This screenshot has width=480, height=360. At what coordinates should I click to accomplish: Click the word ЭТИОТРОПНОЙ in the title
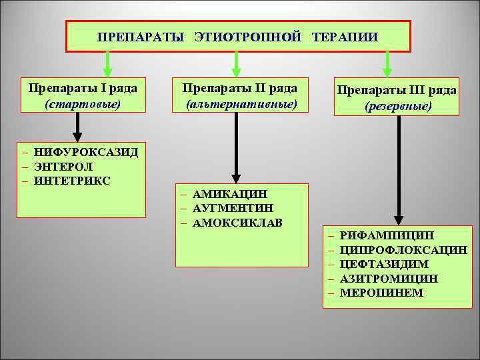coord(248,37)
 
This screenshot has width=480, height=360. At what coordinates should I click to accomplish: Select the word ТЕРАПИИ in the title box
coord(344,37)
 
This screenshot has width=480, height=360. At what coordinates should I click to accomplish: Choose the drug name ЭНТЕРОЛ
coord(64,167)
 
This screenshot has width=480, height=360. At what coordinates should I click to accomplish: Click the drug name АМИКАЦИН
coord(229,194)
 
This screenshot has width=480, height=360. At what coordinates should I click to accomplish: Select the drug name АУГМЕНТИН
coord(231,208)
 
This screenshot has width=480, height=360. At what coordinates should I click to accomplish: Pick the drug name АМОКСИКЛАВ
coord(237,222)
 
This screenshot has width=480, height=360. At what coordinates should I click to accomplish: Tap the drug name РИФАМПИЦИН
coord(386,236)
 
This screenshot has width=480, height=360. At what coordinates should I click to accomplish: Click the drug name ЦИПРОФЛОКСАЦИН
coord(403,250)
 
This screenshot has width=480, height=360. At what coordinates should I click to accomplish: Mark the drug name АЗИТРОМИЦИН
coord(389,278)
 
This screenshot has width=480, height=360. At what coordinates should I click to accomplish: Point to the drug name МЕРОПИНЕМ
coord(381,292)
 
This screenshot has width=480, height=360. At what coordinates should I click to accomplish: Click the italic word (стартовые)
coord(83,105)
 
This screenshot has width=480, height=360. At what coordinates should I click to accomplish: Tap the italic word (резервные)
coord(398,106)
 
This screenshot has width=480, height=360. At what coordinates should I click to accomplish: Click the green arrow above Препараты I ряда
coord(106,63)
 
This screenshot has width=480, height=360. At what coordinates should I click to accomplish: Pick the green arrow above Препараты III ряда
coord(389,63)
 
